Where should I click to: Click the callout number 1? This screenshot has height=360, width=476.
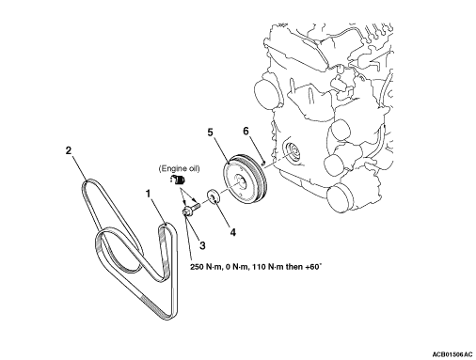[x=148, y=194]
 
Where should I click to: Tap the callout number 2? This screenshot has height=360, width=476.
[x=69, y=150]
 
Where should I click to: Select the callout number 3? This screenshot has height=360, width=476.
[x=202, y=245]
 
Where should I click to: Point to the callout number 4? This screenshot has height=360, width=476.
[x=233, y=232]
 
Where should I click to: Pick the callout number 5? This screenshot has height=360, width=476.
[x=210, y=133]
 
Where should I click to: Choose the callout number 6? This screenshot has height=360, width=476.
[x=246, y=131]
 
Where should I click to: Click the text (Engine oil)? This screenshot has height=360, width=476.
[x=179, y=169]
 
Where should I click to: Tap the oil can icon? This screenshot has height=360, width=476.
[x=178, y=180]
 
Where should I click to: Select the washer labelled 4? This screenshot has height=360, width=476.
[x=213, y=196]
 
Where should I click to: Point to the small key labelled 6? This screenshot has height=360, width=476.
[x=263, y=163]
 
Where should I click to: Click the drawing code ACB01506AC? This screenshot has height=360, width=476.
[x=452, y=354]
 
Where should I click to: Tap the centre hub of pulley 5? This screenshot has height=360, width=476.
[x=241, y=181]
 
